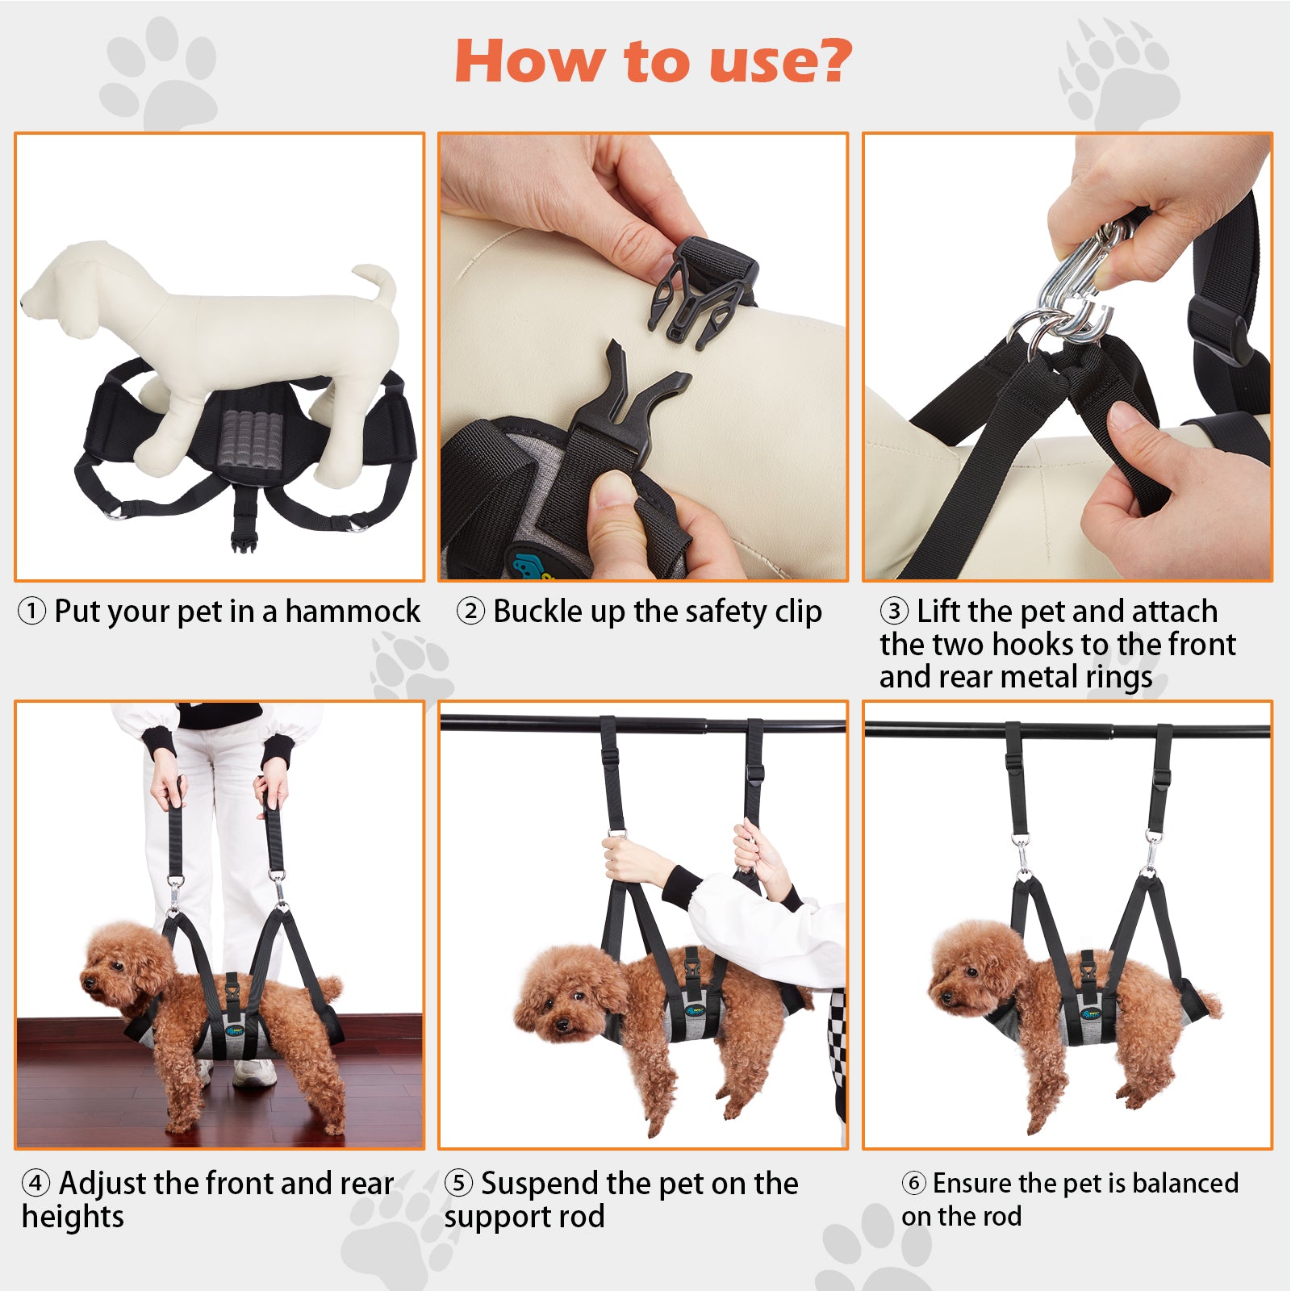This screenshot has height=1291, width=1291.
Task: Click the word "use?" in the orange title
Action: tap(779, 61)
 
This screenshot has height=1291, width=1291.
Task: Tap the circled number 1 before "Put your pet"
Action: tap(32, 612)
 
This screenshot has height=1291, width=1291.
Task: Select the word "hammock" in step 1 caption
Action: tap(353, 612)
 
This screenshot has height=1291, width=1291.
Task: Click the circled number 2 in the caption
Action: tap(470, 612)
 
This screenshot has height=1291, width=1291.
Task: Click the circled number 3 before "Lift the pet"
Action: tap(894, 611)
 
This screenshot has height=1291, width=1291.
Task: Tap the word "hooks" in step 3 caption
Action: tap(1033, 644)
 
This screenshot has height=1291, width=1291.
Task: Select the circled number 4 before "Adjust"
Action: tap(36, 1184)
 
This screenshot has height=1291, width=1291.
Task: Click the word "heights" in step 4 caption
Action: tap(73, 1217)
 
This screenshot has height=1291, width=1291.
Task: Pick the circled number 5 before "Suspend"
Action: tap(458, 1184)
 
